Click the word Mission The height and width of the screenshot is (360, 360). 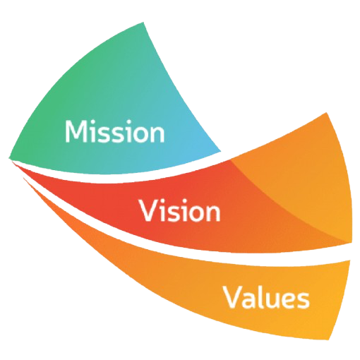click(114, 131)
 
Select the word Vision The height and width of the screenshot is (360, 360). click(180, 210)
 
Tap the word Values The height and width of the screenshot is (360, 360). click(266, 296)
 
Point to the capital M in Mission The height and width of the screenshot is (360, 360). click(76, 131)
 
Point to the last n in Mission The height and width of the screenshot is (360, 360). click(157, 134)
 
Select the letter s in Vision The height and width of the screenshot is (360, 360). click(173, 214)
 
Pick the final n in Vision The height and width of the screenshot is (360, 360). click(214, 213)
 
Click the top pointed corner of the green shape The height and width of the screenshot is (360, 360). click(143, 23)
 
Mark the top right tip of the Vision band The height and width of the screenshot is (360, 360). click(327, 113)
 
